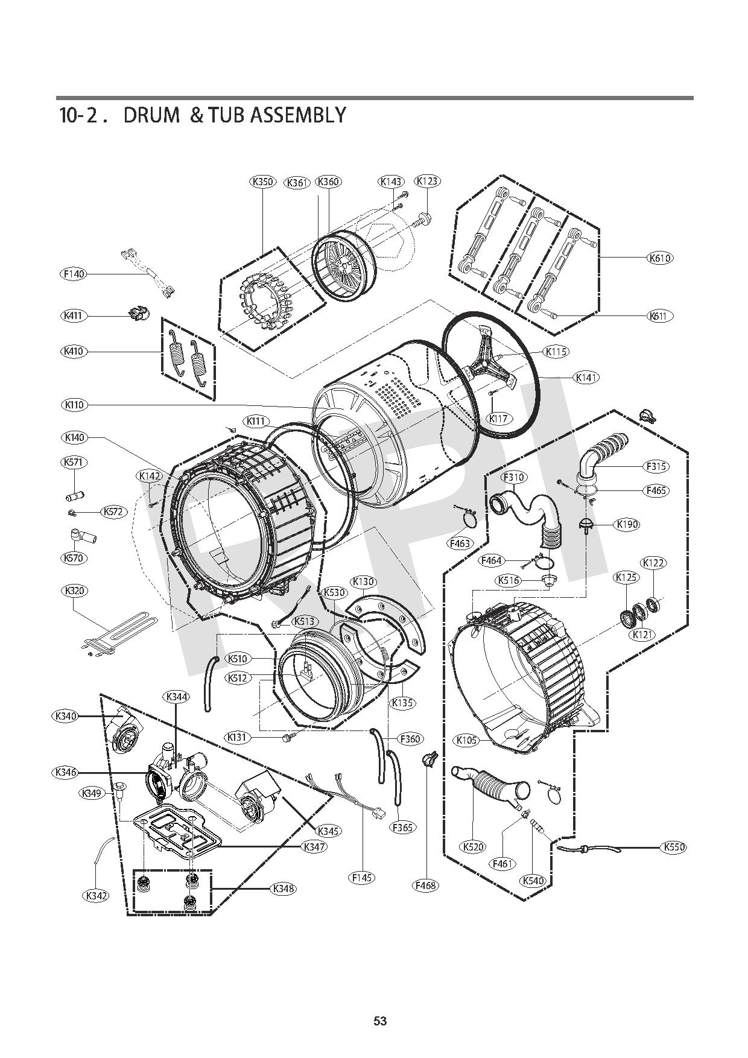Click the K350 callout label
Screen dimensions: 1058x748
262,182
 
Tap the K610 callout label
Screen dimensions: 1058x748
661,258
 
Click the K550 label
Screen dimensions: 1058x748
674,847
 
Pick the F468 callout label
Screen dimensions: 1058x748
426,885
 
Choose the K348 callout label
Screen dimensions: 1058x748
283,889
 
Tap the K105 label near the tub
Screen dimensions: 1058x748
468,740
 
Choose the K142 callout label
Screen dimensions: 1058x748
150,476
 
